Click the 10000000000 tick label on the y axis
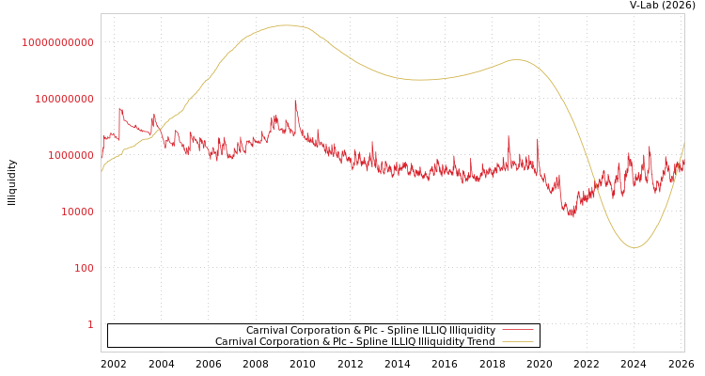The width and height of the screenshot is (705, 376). coord(57,42)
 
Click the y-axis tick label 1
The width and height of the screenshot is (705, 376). coord(90,324)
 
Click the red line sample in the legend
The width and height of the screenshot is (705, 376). coord(517,330)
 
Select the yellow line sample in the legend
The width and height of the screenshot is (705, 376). coord(517,341)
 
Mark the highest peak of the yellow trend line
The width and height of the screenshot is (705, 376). coord(286,25)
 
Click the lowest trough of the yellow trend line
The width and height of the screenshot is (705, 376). coord(634,247)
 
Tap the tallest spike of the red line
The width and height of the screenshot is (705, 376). coord(295,101)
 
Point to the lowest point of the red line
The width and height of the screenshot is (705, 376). coord(572,216)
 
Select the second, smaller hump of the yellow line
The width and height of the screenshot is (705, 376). coord(516,59)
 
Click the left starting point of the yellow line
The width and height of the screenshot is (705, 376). coord(102,171)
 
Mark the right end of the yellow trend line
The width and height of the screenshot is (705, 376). coord(683,144)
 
